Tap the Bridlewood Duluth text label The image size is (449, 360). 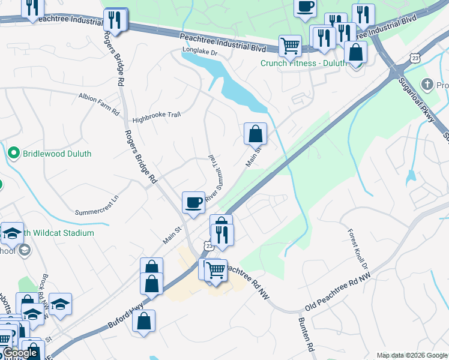tap(57, 154)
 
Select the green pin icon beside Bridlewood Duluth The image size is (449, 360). tap(14, 154)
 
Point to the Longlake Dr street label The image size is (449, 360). tap(199, 53)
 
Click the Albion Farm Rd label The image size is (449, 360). tap(99, 96)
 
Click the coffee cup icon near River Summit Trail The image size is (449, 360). tap(193, 202)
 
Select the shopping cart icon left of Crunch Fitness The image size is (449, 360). tap(290, 45)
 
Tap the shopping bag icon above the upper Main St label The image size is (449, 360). tap(255, 133)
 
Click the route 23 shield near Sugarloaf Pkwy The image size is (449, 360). tap(415, 58)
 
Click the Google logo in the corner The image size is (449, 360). tap(20, 353)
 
